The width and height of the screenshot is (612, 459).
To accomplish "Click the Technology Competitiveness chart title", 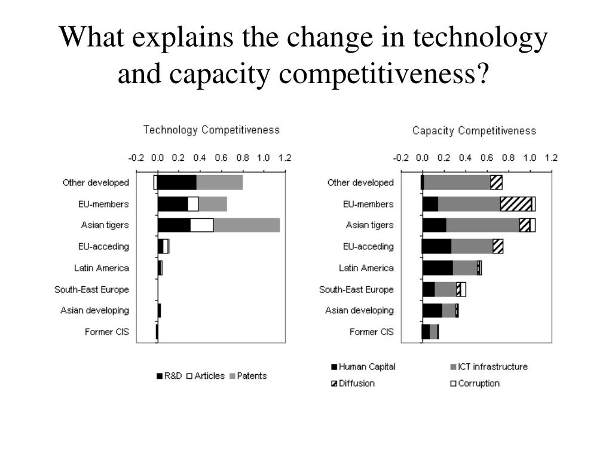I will (x=211, y=130).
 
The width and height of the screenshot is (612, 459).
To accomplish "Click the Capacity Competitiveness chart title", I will (x=474, y=131).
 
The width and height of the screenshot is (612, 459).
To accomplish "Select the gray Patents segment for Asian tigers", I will (x=246, y=225).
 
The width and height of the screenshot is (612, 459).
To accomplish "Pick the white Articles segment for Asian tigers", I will (x=201, y=225).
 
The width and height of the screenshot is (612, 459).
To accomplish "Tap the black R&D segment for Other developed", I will (x=177, y=183).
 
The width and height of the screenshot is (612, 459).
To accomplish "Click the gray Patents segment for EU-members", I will (x=213, y=204).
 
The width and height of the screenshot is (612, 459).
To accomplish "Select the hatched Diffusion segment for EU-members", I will (x=516, y=204).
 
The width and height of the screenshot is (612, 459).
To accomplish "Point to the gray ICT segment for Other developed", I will (x=457, y=183).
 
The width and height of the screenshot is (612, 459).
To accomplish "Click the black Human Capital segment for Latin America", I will (x=437, y=268).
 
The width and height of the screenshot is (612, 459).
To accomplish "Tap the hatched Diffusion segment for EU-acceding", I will (x=498, y=246).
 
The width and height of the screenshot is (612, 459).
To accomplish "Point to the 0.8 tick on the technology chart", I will (x=243, y=158).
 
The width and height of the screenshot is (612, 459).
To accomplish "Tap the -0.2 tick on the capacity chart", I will (x=400, y=158).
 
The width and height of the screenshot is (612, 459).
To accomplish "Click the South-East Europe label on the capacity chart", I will (x=356, y=289).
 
